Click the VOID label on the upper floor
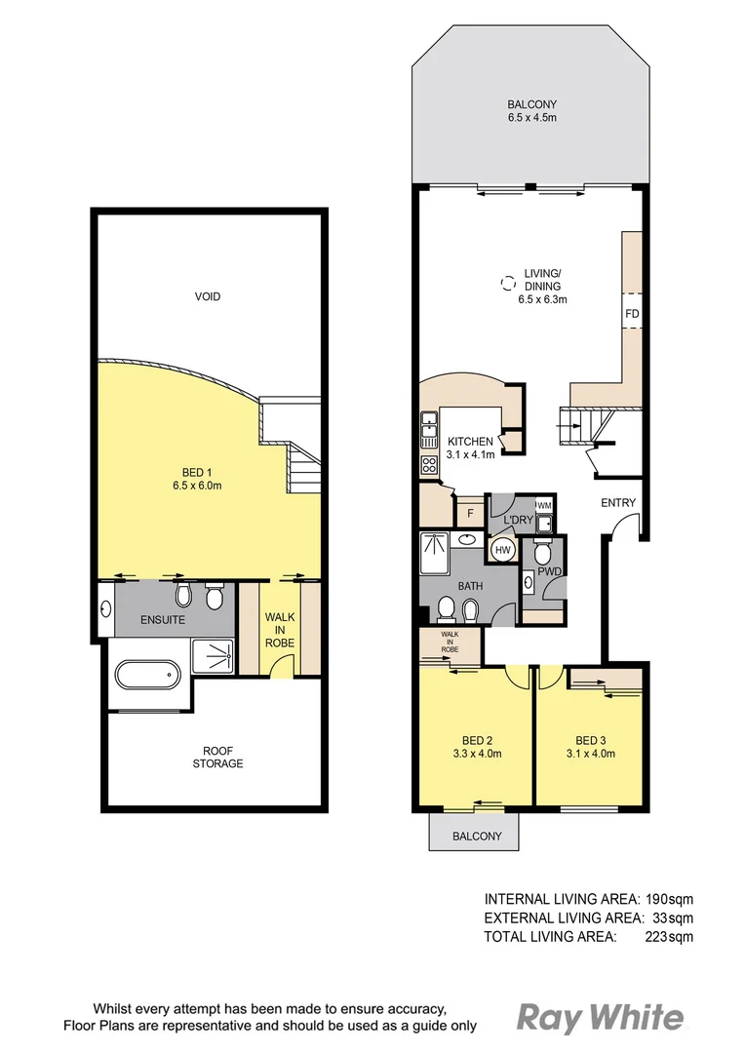(x=207, y=296)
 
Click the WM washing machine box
(x=544, y=505)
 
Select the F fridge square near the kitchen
(x=470, y=513)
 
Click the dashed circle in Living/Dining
(x=506, y=284)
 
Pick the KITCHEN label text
(x=470, y=442)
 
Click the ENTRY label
(x=618, y=503)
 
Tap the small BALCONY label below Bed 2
(x=477, y=837)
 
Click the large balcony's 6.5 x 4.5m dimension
(x=531, y=119)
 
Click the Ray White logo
(x=599, y=1019)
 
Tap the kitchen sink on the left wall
(x=428, y=424)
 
